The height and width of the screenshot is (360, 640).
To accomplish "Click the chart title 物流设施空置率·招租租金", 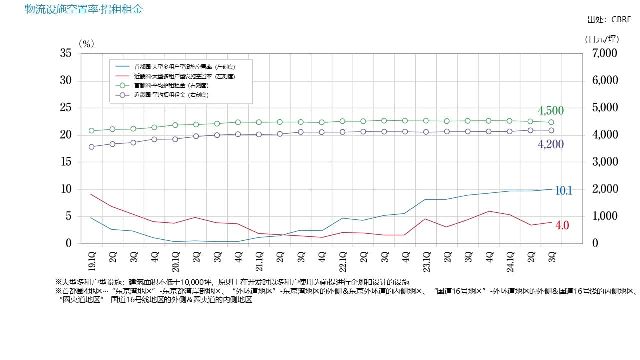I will tap(84, 9).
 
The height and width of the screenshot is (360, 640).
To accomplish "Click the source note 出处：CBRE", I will tap(609, 20).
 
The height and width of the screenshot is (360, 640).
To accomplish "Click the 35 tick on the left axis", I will tap(66, 53).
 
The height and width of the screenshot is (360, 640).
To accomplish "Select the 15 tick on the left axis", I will tap(66, 162).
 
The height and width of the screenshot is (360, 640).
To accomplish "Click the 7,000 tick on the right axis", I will tap(605, 53).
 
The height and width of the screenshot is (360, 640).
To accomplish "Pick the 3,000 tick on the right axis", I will tap(605, 162).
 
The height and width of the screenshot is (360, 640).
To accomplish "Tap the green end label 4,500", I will tap(551, 111).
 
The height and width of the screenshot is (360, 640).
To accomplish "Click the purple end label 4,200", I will tap(551, 145).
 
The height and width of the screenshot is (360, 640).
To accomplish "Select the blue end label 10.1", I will tap(563, 191).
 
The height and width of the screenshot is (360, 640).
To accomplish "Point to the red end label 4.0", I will tap(562, 225).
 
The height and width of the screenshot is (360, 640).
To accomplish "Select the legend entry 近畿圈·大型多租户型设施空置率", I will tap(184, 76).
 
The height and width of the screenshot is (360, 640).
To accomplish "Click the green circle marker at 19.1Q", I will tap(92, 131).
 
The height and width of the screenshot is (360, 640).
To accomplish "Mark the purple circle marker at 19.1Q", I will tap(92, 147).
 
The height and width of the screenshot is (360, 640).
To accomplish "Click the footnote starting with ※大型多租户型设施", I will tap(232, 282).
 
